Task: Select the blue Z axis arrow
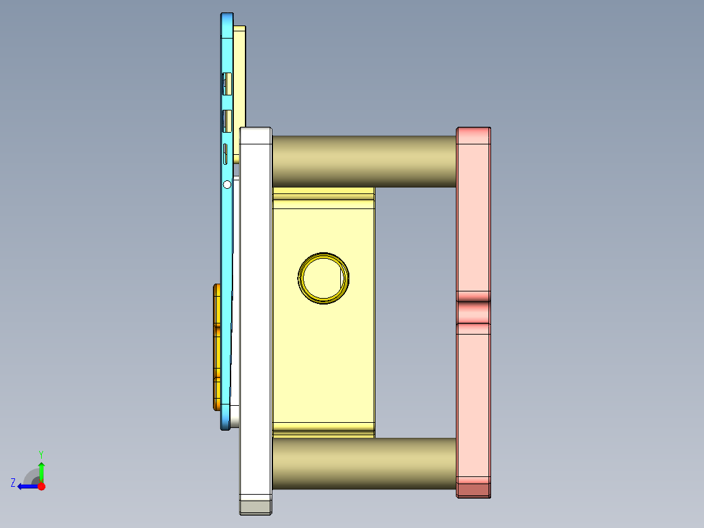(26, 486)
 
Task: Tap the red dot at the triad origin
(41, 486)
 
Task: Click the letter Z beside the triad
(13, 482)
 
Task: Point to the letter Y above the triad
(41, 454)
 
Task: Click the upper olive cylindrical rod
(363, 161)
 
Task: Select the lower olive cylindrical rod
(363, 463)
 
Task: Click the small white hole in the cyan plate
(227, 185)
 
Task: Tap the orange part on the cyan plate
(216, 346)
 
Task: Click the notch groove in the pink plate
(473, 311)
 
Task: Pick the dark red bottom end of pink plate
(473, 490)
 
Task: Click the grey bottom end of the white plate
(255, 506)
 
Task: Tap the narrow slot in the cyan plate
(226, 154)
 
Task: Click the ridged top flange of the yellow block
(323, 194)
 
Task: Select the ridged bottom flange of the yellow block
(323, 429)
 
